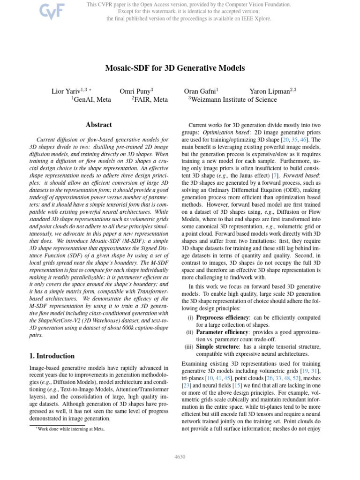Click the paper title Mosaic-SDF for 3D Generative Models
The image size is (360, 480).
[x=175, y=68]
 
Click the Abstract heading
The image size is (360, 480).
[x=99, y=125]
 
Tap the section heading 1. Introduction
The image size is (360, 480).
[x=52, y=356]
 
